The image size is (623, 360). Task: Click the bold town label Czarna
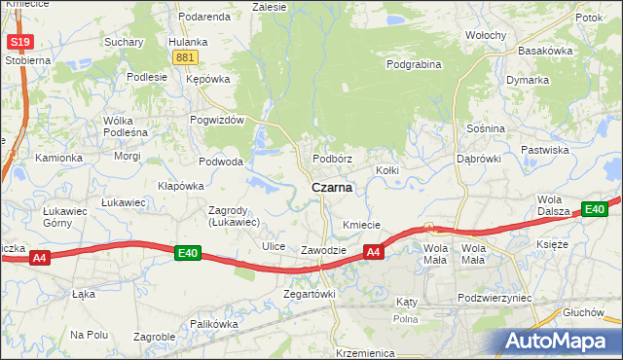pyautogui.click(x=332, y=188)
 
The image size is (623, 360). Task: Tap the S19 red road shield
pyautogui.click(x=18, y=42)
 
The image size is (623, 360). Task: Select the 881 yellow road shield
pyautogui.click(x=186, y=57)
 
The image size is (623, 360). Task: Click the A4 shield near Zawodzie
pyautogui.click(x=373, y=253)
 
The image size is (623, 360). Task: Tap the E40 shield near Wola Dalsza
pyautogui.click(x=595, y=209)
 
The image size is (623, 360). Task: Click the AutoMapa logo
pyautogui.click(x=559, y=342)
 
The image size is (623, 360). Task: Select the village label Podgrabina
pyautogui.click(x=414, y=65)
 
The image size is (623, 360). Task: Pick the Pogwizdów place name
pyautogui.click(x=220, y=120)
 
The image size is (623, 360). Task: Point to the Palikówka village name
pyautogui.click(x=214, y=324)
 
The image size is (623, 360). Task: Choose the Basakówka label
pyautogui.click(x=545, y=50)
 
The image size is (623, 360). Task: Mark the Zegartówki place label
pyautogui.click(x=309, y=294)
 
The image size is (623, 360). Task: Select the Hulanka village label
pyautogui.click(x=188, y=42)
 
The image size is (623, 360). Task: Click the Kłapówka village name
pyautogui.click(x=180, y=185)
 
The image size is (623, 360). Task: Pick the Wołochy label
pyautogui.click(x=485, y=35)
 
